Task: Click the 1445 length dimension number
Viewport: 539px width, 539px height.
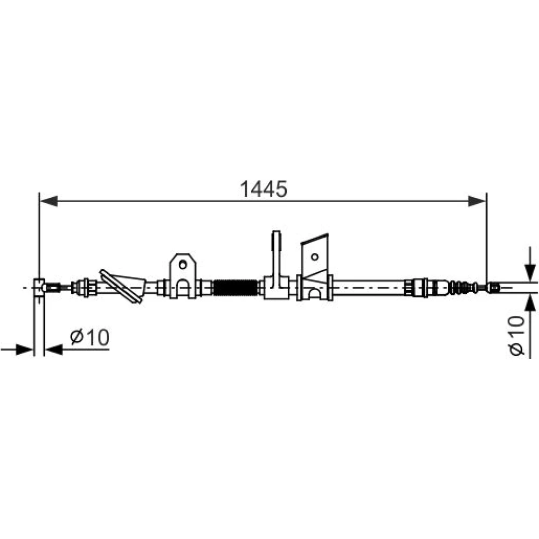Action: pos(264,189)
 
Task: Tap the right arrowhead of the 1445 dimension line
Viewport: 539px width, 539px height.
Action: pos(477,201)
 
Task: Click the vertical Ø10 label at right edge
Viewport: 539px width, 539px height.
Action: pos(517,335)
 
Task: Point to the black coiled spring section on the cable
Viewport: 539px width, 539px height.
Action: pos(236,287)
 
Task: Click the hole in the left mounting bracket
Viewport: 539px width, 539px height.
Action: pos(183,264)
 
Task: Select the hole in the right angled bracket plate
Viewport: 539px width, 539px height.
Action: pos(315,257)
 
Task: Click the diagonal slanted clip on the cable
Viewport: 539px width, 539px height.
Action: pos(121,286)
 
